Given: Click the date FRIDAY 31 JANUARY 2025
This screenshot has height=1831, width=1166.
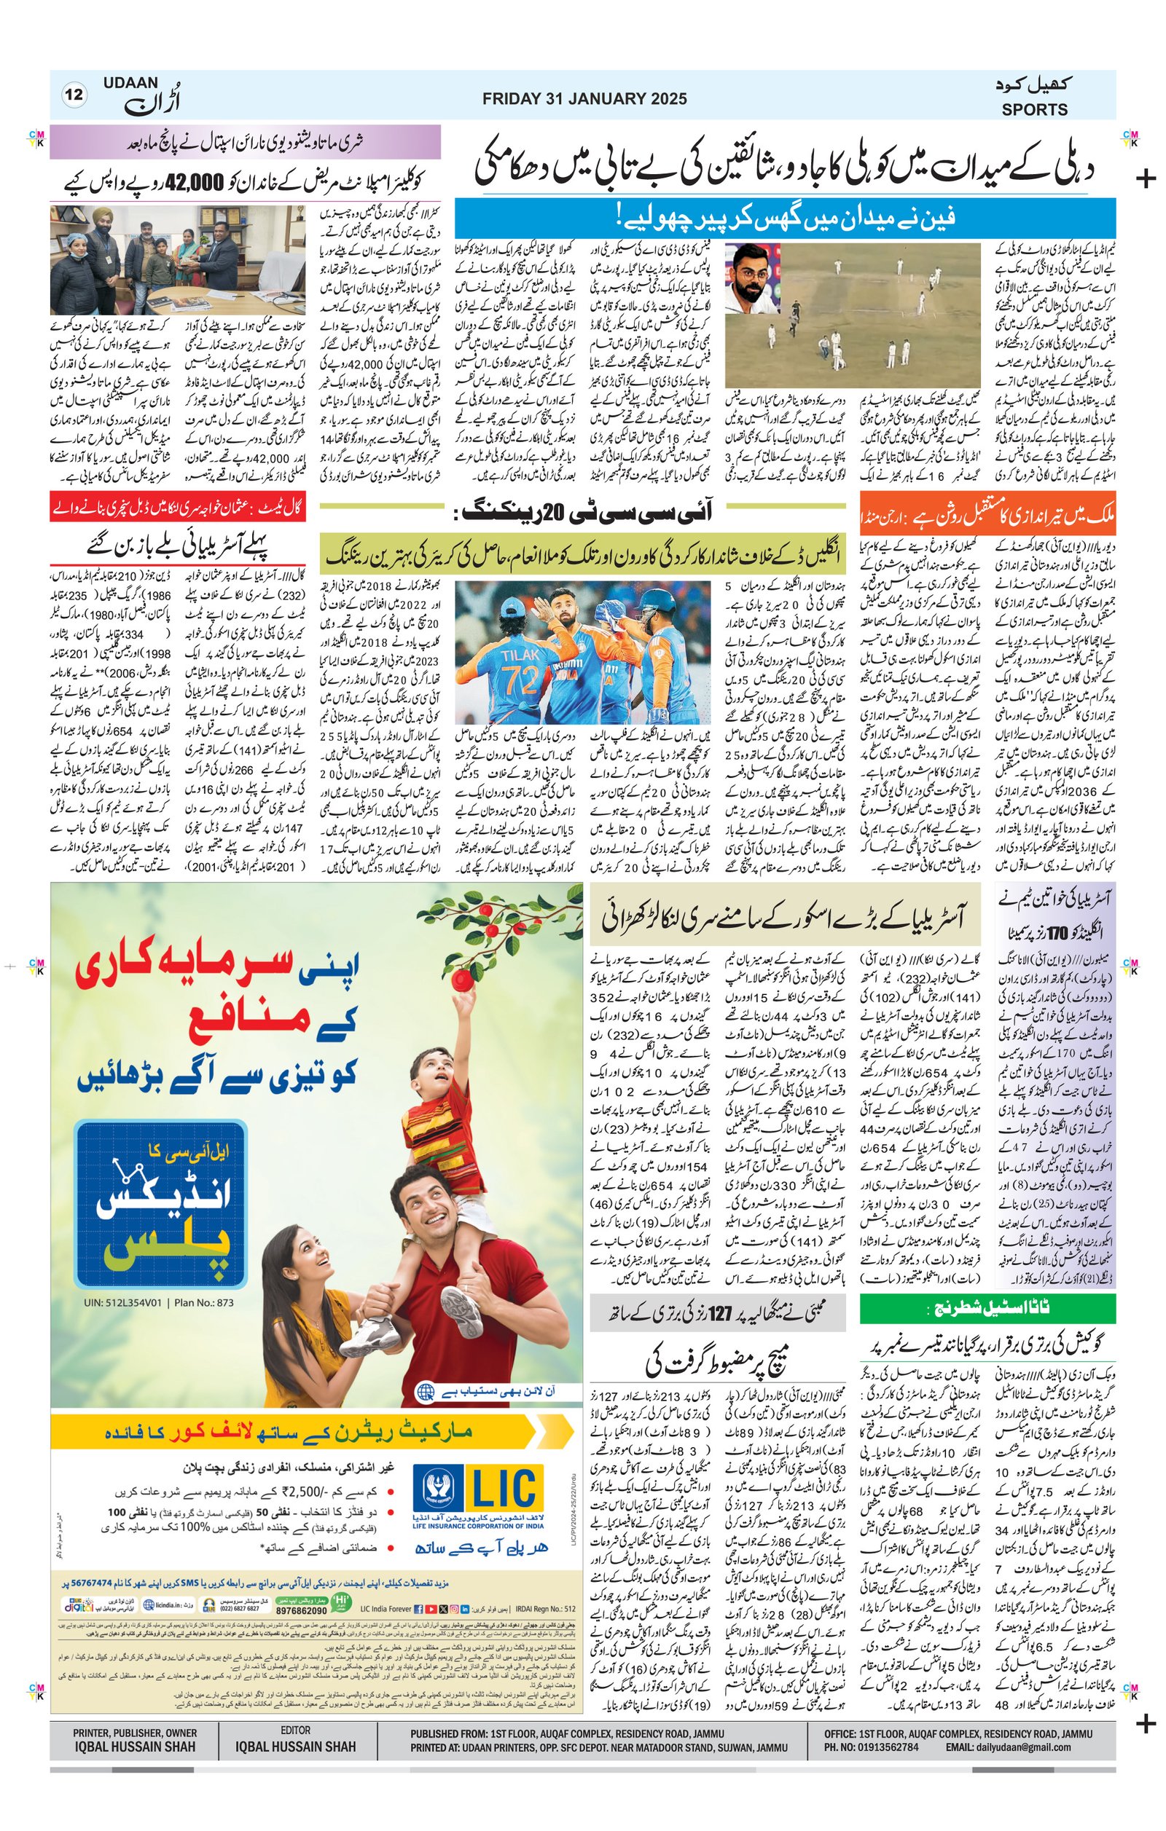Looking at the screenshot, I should (x=584, y=99).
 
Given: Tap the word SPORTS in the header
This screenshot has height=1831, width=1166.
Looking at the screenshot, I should (x=1033, y=109).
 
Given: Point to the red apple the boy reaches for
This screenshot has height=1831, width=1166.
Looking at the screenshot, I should (x=461, y=981).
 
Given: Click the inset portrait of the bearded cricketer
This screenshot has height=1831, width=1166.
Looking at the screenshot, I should (x=751, y=277).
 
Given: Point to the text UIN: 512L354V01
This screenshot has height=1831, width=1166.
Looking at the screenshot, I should (x=122, y=1302).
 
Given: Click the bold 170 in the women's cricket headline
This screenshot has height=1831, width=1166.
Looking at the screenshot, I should (x=1058, y=932).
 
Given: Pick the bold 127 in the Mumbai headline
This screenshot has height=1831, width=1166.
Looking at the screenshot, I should (x=719, y=1312).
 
